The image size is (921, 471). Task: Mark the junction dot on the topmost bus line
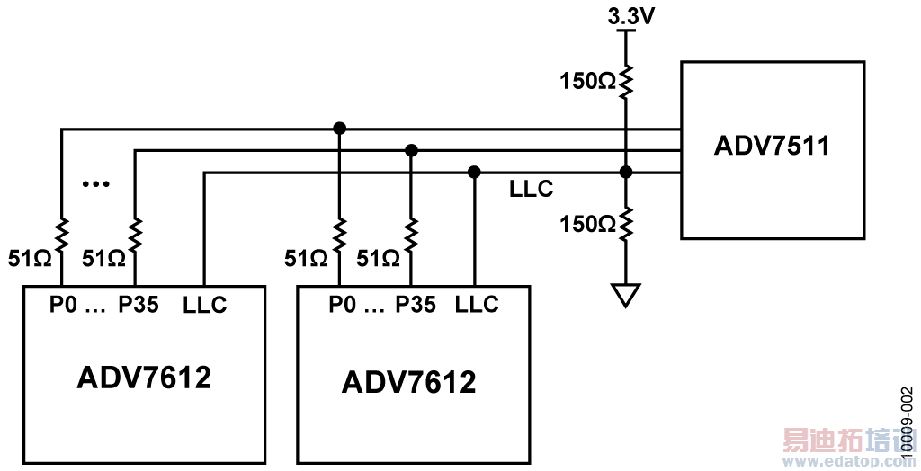[339, 129]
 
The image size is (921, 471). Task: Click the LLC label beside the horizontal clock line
[531, 190]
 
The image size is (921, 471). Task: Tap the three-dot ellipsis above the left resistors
[94, 184]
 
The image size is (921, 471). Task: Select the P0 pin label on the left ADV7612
[62, 305]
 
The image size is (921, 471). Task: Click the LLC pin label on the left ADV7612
[204, 305]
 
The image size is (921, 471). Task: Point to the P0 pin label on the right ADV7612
[339, 305]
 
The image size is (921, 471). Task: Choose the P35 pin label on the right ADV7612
[415, 305]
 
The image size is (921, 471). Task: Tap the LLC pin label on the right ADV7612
[477, 305]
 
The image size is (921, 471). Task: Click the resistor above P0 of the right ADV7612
[339, 236]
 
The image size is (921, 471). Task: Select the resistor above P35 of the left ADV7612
[134, 236]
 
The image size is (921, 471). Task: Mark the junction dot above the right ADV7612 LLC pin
[474, 172]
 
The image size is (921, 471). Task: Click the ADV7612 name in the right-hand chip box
[408, 383]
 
